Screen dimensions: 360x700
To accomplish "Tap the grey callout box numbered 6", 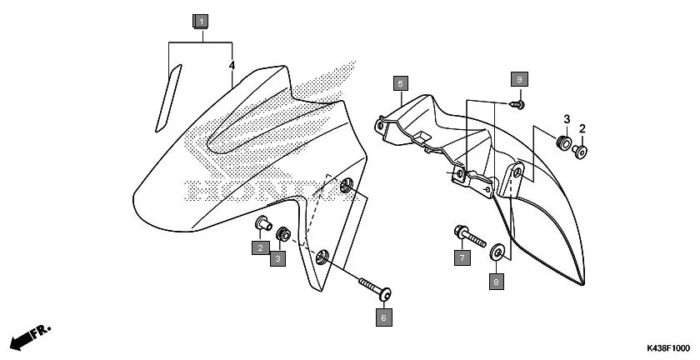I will pos(383,317).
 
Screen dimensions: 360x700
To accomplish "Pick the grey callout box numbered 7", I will pos(462,257).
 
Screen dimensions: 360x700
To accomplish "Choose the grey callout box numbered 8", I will pos(497,282).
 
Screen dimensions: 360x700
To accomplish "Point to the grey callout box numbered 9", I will pos(518,78).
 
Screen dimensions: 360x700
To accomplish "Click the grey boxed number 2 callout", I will pos(260,247).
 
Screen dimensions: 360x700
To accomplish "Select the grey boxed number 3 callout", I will pos(278,259).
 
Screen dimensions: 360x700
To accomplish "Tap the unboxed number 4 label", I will pos(232,65).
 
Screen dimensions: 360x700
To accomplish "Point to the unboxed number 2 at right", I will pos(582,128).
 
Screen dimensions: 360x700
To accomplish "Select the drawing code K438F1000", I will pos(667,347).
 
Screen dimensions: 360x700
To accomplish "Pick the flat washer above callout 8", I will pos(497,252).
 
